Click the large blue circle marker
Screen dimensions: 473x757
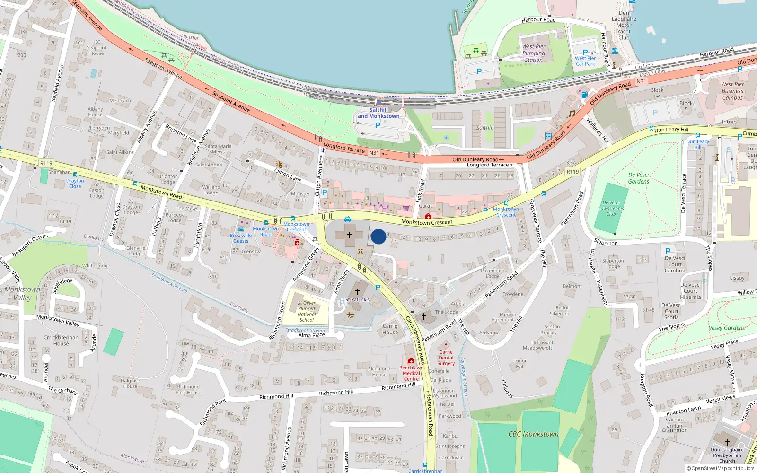tap(378, 236)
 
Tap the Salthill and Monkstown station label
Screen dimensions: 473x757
tap(378, 113)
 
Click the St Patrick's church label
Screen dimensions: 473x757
tap(357, 299)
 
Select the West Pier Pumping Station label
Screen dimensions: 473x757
tap(534, 53)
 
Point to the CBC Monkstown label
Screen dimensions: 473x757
tap(533, 434)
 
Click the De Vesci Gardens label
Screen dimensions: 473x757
tap(638, 178)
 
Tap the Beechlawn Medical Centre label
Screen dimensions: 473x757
tap(411, 373)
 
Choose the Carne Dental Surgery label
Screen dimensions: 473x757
tap(446, 358)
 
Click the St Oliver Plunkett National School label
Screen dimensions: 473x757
tap(307, 311)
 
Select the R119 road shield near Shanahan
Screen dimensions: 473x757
tap(46, 163)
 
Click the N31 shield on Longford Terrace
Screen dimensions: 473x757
tap(374, 153)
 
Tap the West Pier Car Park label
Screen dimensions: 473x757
tap(585, 61)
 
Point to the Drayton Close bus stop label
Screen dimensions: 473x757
tap(75, 184)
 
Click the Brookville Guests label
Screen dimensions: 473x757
tap(241, 238)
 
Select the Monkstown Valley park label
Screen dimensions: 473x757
tap(22, 293)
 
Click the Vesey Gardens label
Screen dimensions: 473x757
tap(726, 328)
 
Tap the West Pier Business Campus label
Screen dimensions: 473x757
tap(732, 91)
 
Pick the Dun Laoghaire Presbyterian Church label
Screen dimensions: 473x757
tap(727, 455)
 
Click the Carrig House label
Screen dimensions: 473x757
tap(390, 329)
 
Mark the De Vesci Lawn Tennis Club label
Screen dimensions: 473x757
tap(611, 208)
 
